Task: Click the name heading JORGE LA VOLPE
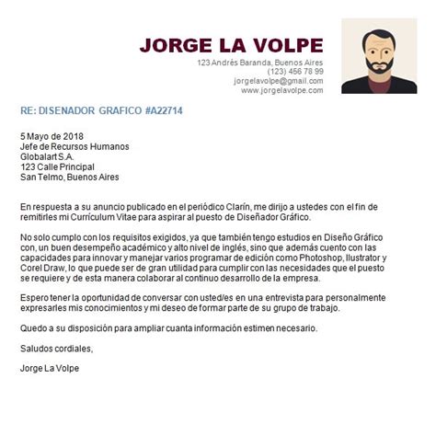point(231,45)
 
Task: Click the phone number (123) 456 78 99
point(295,72)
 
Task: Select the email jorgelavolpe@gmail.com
point(278,81)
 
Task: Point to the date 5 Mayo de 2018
point(52,135)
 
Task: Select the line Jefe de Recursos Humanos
point(75,146)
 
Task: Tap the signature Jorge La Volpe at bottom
point(56,370)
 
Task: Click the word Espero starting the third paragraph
point(35,298)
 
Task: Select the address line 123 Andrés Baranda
point(245,63)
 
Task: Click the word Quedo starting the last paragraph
point(34,329)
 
